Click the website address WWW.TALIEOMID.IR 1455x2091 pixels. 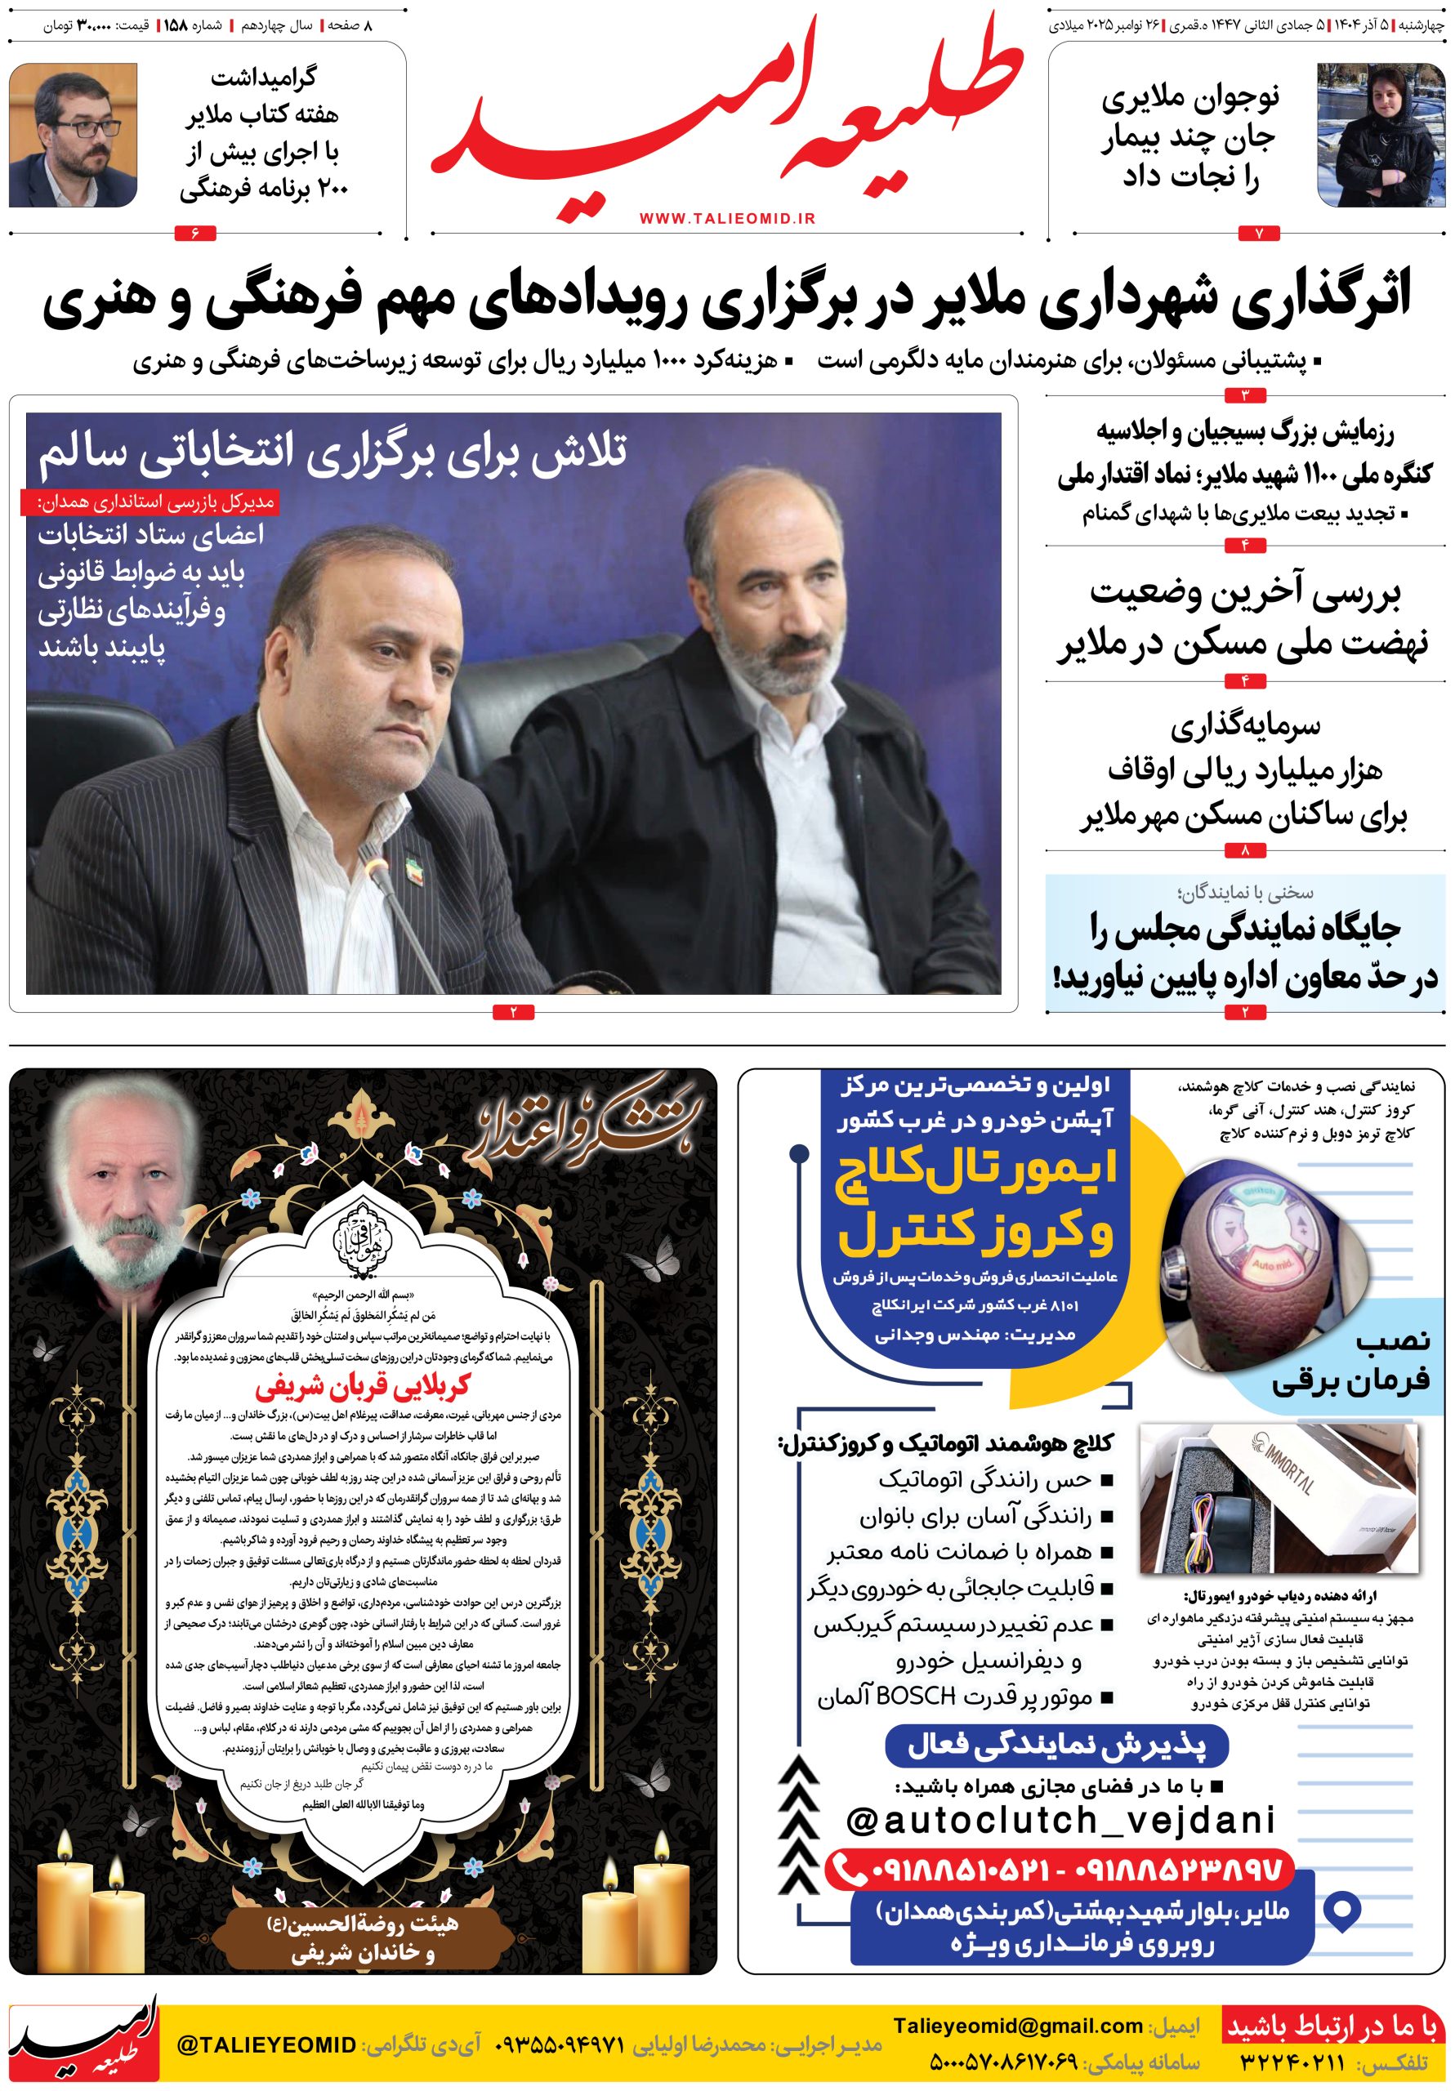pyautogui.click(x=727, y=219)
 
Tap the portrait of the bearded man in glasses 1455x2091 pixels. pyautogui.click(x=74, y=135)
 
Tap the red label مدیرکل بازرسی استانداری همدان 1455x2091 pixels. pyautogui.click(x=148, y=502)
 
